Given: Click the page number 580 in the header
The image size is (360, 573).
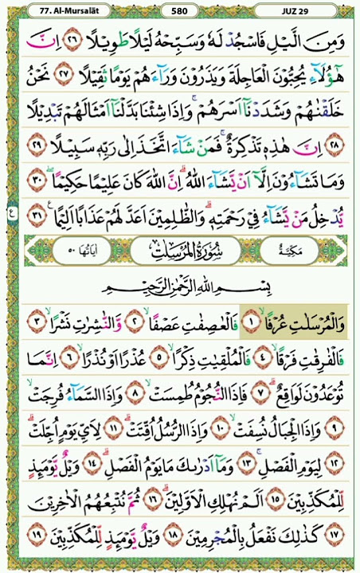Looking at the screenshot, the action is [179, 10].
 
